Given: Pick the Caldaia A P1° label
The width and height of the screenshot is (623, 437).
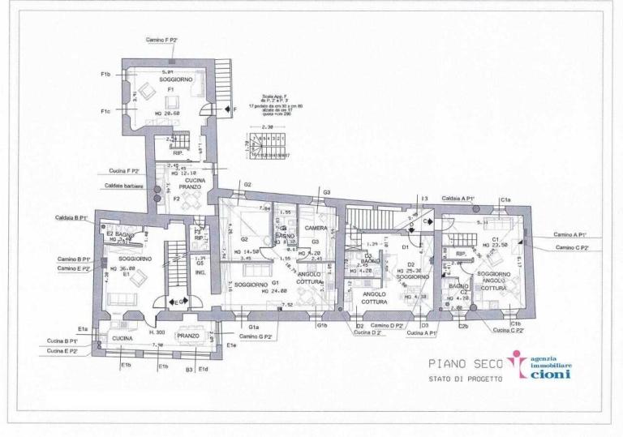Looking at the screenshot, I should [x=458, y=199].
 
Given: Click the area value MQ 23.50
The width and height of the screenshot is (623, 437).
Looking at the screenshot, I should [x=494, y=244].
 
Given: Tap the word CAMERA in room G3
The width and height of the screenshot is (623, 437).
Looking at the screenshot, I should [x=316, y=229].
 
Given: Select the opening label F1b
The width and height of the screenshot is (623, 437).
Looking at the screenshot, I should [x=105, y=75].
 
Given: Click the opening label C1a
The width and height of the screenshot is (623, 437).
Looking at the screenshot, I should [x=505, y=199].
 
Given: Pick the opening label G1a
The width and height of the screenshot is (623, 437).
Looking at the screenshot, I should [x=254, y=327].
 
